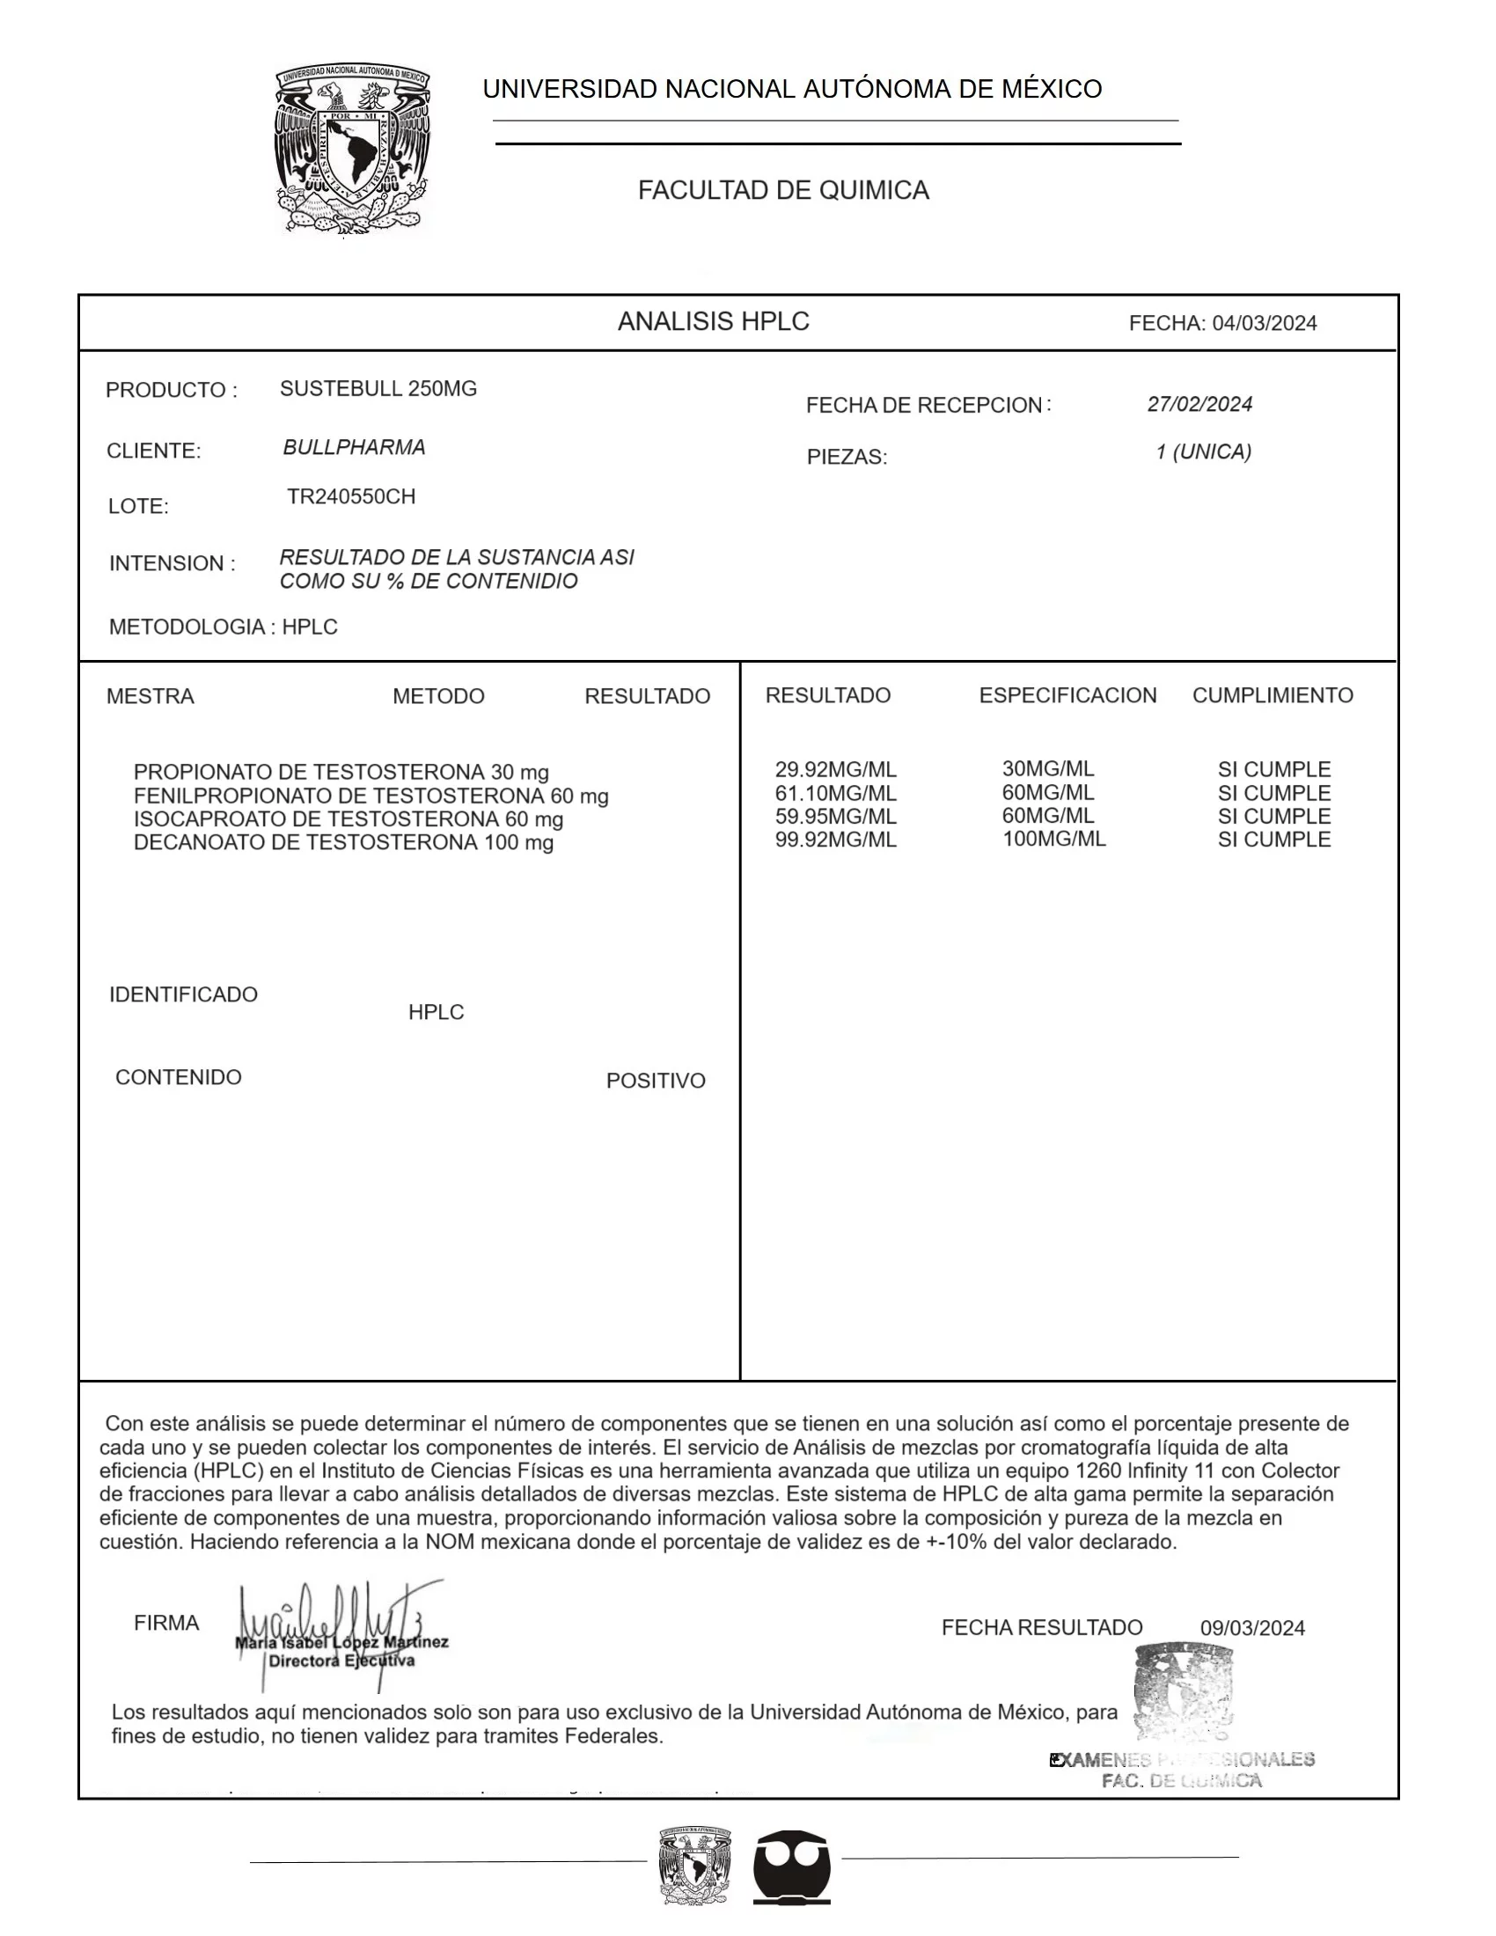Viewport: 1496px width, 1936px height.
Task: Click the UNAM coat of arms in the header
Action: pyautogui.click(x=353, y=148)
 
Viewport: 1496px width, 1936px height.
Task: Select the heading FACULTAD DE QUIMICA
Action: pyautogui.click(x=783, y=191)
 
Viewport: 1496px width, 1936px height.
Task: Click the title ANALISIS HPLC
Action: pyautogui.click(x=714, y=322)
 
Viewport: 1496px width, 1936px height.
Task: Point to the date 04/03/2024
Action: pyautogui.click(x=1264, y=324)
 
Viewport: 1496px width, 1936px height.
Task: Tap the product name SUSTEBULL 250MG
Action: pyautogui.click(x=378, y=389)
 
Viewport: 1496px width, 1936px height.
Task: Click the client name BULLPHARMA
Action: pyautogui.click(x=355, y=448)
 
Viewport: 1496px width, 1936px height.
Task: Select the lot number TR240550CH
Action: pyautogui.click(x=351, y=497)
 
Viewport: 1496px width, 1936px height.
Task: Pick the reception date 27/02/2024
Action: pyautogui.click(x=1199, y=405)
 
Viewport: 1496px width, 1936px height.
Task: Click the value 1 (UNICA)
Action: pyautogui.click(x=1204, y=452)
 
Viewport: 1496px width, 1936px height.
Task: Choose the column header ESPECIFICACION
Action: pyautogui.click(x=1067, y=696)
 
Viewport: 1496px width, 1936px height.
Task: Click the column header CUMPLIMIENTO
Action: pyautogui.click(x=1272, y=696)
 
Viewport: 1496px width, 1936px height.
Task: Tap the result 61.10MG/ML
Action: pyautogui.click(x=836, y=795)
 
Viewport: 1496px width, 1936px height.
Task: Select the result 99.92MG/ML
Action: pyautogui.click(x=836, y=840)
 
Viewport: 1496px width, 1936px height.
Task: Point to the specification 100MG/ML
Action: pyautogui.click(x=1053, y=840)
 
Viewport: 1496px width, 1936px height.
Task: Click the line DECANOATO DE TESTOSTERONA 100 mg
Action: pyautogui.click(x=344, y=843)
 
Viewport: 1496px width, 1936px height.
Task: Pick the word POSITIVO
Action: pyautogui.click(x=656, y=1082)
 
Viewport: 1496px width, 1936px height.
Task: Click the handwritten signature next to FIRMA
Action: pyautogui.click(x=337, y=1631)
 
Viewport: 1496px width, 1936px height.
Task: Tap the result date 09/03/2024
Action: pyautogui.click(x=1252, y=1628)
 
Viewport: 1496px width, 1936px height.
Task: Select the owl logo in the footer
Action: pyautogui.click(x=791, y=1866)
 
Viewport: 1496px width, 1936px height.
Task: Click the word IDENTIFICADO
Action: pyautogui.click(x=183, y=994)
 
